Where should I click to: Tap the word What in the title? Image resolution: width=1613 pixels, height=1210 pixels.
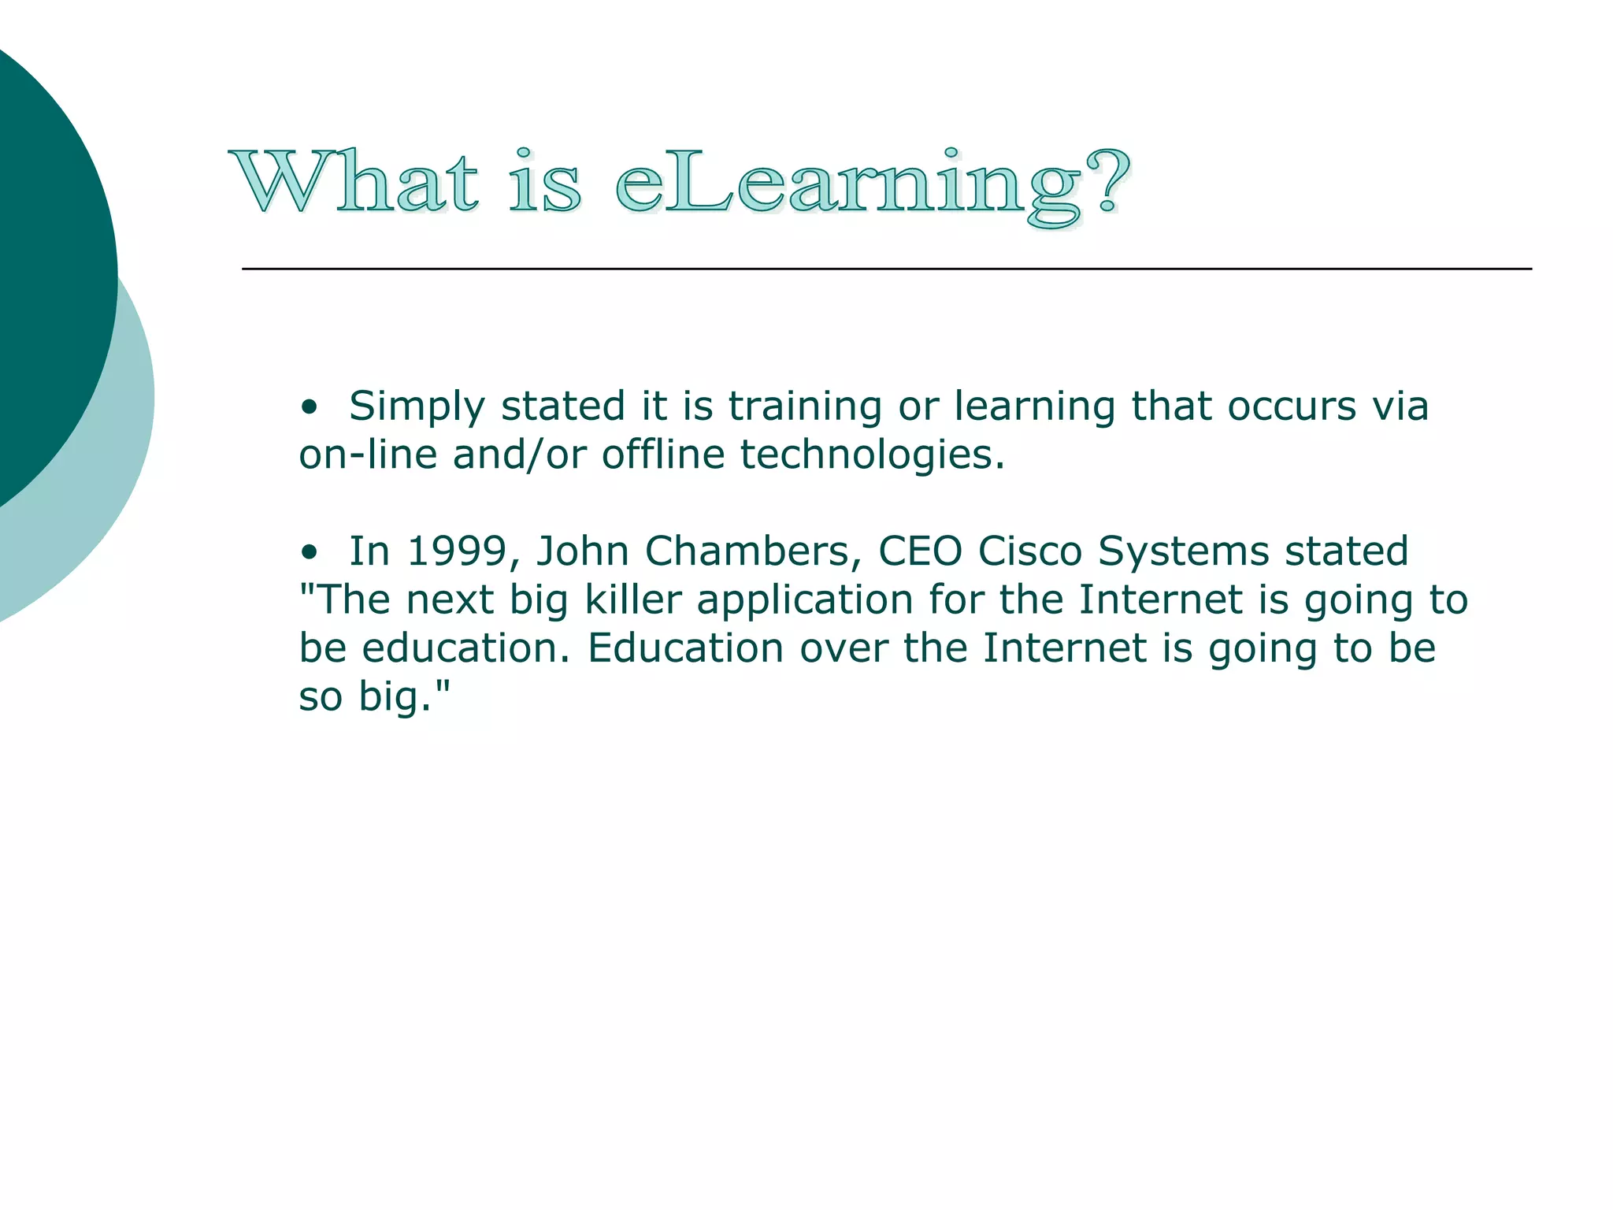tap(354, 183)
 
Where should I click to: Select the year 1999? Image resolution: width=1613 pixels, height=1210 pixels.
tap(456, 551)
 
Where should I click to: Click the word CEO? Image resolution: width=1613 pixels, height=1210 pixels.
tap(920, 551)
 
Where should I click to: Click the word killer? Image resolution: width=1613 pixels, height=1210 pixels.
tap(633, 600)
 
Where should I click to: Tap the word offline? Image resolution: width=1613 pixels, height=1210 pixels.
tap(663, 455)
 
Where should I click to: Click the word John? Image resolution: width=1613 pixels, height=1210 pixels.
tap(582, 551)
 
